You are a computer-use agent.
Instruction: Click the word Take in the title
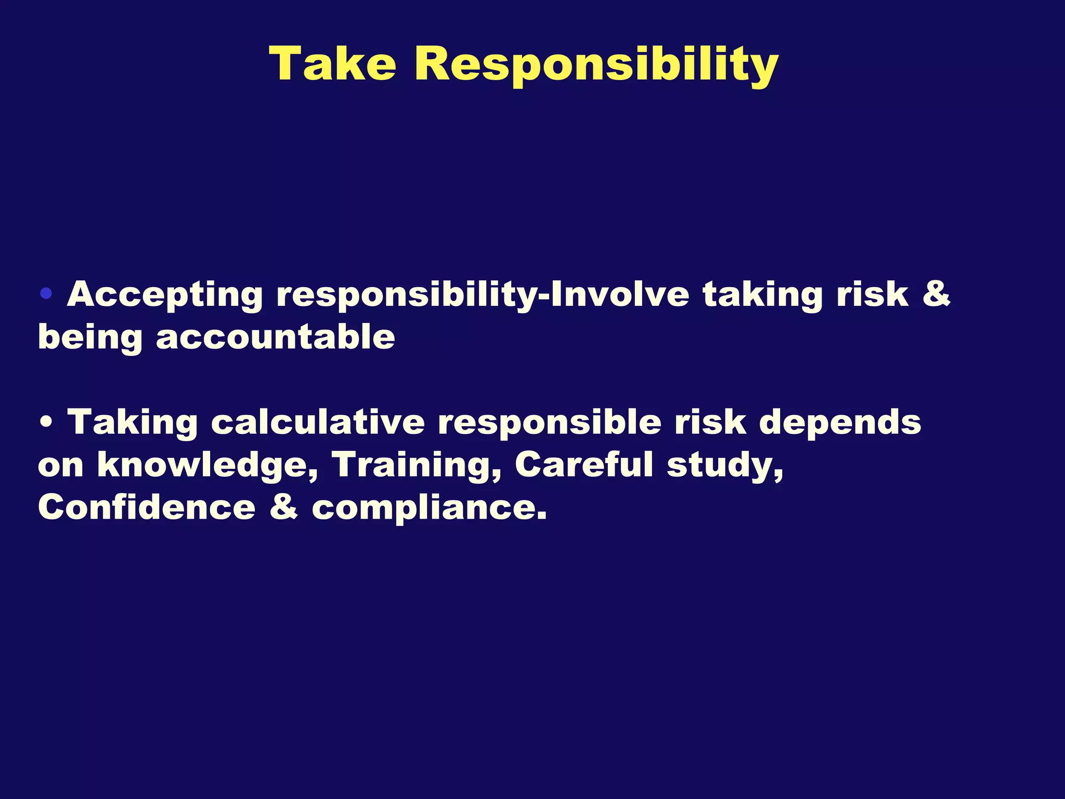point(333,64)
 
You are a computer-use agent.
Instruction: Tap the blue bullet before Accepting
point(46,294)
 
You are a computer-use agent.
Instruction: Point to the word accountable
point(275,338)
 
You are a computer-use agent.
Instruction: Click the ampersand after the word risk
point(936,294)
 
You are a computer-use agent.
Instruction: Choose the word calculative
point(318,421)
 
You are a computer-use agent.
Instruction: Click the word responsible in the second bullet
point(549,422)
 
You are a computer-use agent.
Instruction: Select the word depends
point(840,422)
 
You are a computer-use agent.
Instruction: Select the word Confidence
point(147,507)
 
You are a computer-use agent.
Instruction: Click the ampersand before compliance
point(284,507)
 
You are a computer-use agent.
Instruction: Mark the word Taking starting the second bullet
point(133,422)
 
